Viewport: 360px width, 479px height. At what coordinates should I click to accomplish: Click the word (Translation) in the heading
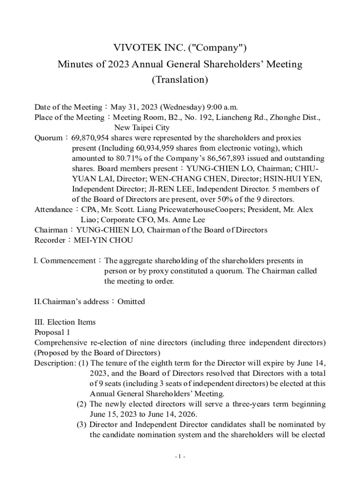[x=180, y=80]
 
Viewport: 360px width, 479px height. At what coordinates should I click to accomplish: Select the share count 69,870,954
[x=90, y=138]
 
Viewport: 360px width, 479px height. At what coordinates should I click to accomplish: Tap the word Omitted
[x=131, y=302]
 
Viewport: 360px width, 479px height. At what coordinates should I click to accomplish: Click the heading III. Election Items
[x=65, y=322]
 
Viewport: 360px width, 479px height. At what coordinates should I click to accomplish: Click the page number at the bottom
[x=180, y=457]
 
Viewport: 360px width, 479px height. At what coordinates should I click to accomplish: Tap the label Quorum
[x=48, y=138]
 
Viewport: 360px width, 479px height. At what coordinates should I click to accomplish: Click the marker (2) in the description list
[x=82, y=404]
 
